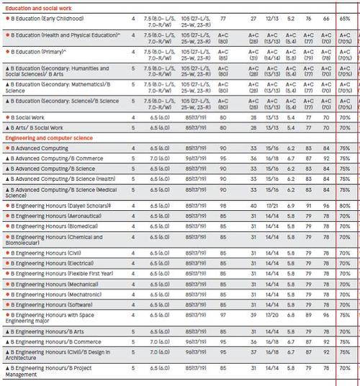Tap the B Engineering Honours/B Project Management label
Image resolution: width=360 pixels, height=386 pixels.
pos(50,371)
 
